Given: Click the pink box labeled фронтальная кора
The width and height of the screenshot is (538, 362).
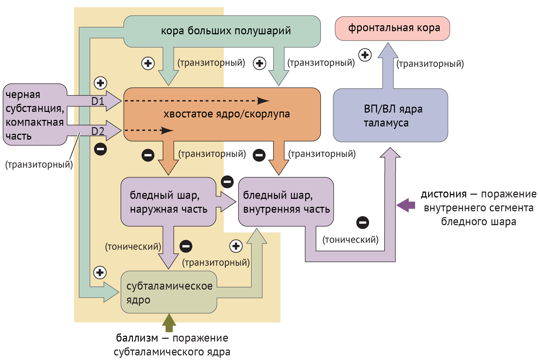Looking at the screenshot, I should [x=392, y=28].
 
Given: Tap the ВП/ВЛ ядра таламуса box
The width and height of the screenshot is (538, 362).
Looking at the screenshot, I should [x=390, y=115].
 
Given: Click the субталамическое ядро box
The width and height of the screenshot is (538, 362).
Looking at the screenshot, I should [x=169, y=292].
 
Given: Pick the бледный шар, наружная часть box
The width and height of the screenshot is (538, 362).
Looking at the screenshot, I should [x=168, y=202].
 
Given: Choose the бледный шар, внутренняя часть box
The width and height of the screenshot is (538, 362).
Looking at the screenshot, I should [x=286, y=202].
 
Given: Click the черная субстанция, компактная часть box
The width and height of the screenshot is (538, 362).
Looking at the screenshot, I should [x=35, y=115].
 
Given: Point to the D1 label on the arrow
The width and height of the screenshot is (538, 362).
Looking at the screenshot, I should [x=98, y=101].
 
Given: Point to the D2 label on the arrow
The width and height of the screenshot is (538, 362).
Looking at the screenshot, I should [x=98, y=131].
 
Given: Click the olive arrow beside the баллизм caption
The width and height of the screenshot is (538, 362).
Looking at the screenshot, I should [x=169, y=323].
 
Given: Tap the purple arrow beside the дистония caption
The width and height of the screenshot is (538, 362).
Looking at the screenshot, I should [x=405, y=205].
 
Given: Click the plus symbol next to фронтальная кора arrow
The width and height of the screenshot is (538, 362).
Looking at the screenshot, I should [x=365, y=55].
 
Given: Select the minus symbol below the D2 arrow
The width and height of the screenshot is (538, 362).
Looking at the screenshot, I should [x=100, y=149].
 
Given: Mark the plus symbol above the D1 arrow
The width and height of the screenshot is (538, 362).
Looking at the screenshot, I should [x=100, y=83].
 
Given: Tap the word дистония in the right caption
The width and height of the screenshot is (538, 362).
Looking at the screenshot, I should [x=443, y=194].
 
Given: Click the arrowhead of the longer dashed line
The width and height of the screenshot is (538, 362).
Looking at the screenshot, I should [x=264, y=101].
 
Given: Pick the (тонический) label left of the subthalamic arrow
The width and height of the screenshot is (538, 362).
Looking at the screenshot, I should [x=133, y=247].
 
